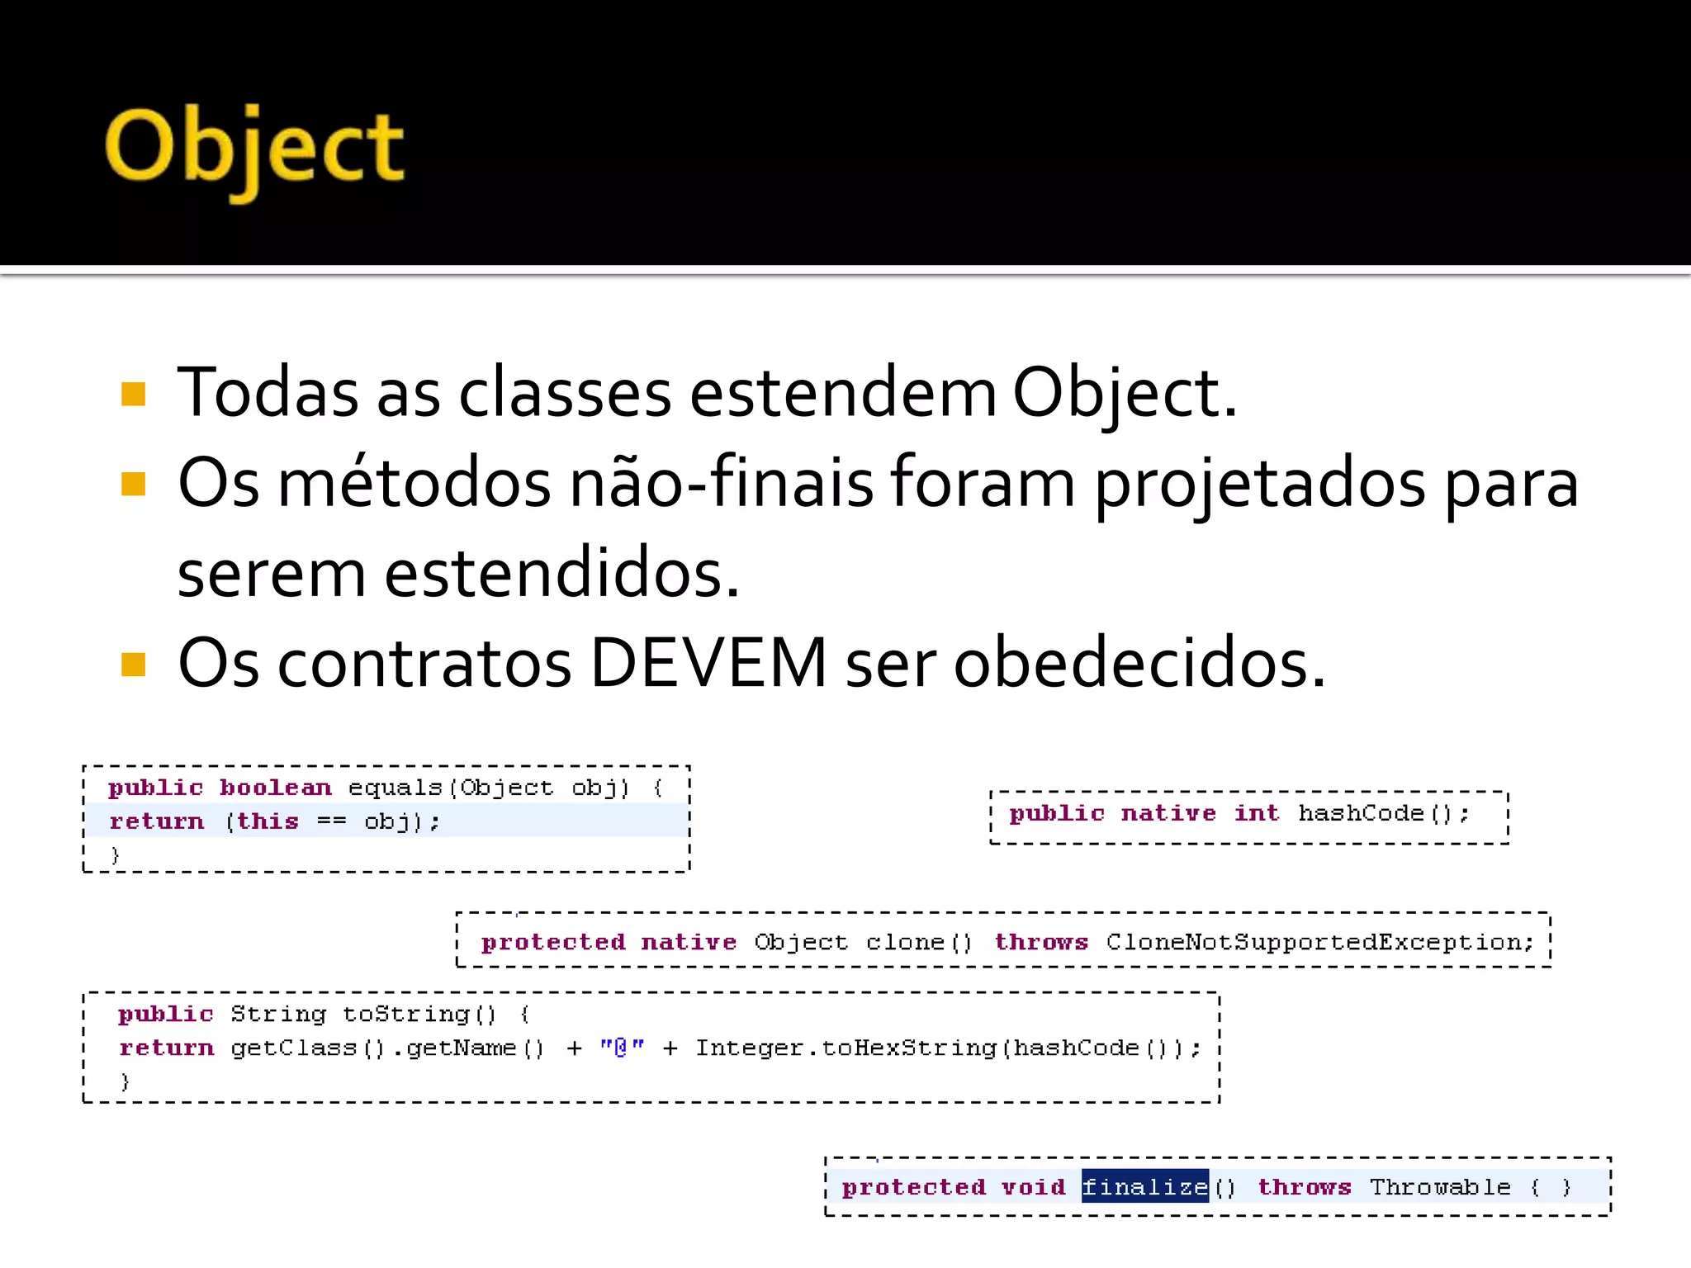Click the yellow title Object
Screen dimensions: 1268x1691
254,149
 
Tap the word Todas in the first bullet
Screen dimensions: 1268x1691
268,393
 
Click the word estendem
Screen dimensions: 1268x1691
842,393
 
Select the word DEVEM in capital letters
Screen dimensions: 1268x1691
708,663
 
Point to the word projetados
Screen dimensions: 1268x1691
1259,485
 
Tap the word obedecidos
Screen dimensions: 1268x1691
1139,663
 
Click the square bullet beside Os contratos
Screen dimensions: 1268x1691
133,664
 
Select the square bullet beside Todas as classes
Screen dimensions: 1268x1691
133,395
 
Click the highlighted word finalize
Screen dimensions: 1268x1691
1144,1187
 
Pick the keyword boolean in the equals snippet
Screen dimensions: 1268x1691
276,788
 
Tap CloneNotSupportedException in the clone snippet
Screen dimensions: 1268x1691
1319,942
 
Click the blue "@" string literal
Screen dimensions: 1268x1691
622,1048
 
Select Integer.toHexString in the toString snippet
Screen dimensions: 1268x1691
845,1048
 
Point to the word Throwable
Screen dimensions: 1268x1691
1440,1187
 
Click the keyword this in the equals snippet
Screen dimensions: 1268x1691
268,821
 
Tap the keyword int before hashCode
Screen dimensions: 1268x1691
1256,814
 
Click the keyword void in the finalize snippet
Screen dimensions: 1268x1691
1033,1187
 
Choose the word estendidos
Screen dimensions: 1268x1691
561,574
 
